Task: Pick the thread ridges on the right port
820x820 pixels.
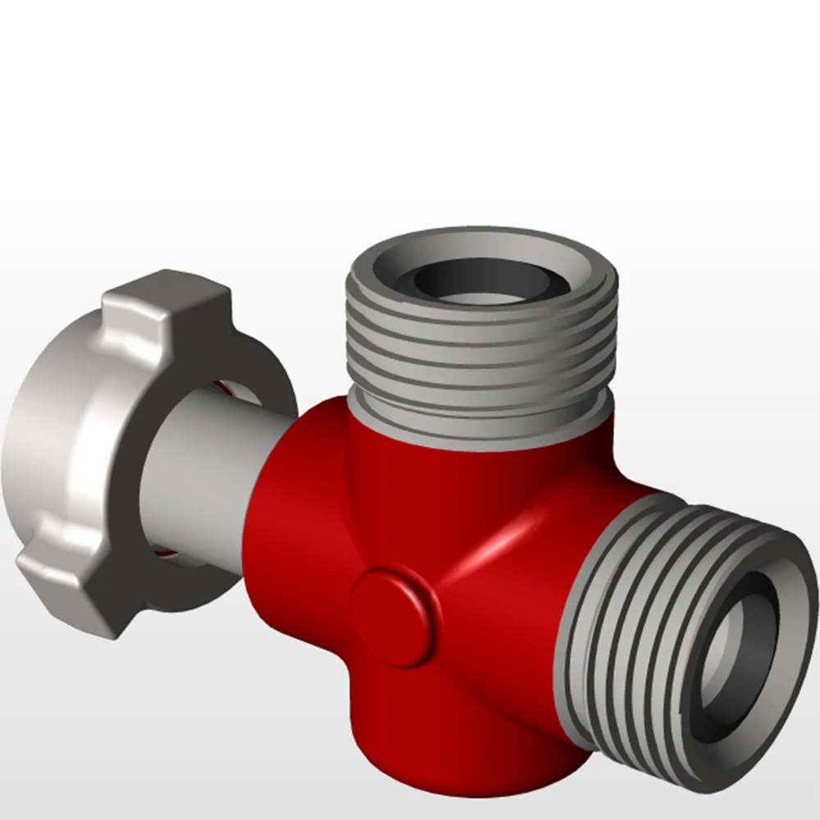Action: point(640,623)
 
